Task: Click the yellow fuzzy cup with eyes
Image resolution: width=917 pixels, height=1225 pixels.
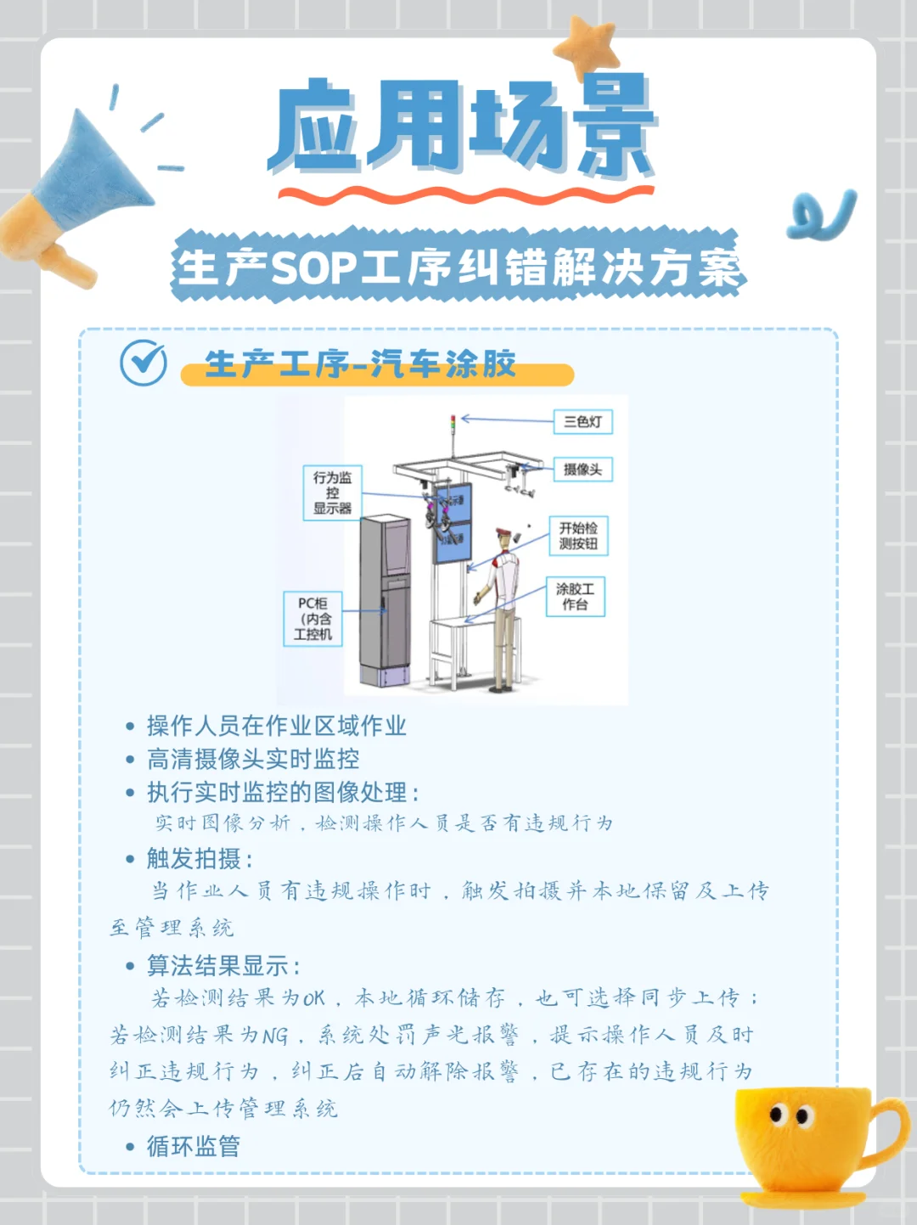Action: coord(807,1138)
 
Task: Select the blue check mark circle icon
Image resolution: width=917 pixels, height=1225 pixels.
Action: coord(143,362)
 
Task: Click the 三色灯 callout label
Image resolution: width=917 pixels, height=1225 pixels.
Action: coord(582,422)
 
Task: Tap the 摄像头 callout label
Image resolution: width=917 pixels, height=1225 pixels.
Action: coord(582,469)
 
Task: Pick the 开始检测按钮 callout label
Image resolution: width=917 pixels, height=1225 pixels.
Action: coord(578,536)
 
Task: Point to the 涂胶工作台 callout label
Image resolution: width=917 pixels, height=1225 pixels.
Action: coord(575,597)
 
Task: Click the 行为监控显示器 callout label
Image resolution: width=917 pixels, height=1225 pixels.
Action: coord(332,493)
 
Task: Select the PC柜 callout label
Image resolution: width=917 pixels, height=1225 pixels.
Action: coord(312,619)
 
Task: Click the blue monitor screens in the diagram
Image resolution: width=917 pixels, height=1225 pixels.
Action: coord(452,524)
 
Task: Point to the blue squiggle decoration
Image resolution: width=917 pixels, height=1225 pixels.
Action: coord(821,216)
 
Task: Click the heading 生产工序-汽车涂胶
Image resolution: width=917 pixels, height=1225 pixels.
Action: coord(361,364)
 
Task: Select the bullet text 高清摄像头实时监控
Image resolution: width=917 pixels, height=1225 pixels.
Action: coord(253,759)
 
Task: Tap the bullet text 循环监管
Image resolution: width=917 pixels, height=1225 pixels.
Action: coord(194,1146)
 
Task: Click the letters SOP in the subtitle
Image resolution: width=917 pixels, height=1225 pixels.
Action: coord(313,267)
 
